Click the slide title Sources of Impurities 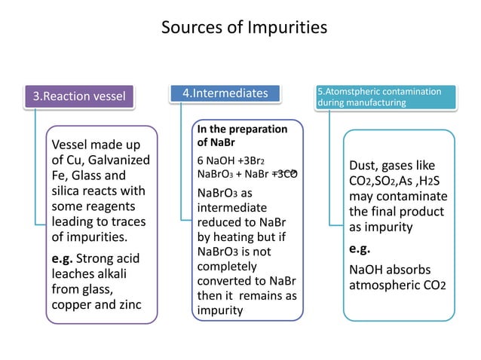point(244,29)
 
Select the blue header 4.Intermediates point(225,93)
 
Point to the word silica point(66,191)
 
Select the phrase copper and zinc point(96,305)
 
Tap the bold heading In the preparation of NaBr point(241,135)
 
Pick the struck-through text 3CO point(286,174)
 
